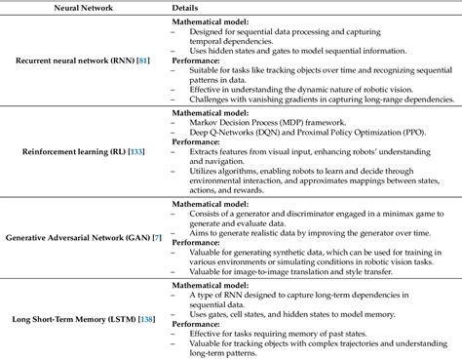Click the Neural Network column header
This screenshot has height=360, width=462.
point(85,7)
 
